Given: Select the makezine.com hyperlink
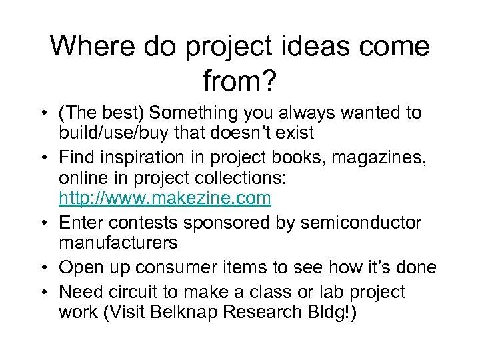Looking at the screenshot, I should click(165, 198).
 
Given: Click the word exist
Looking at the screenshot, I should click(291, 133).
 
